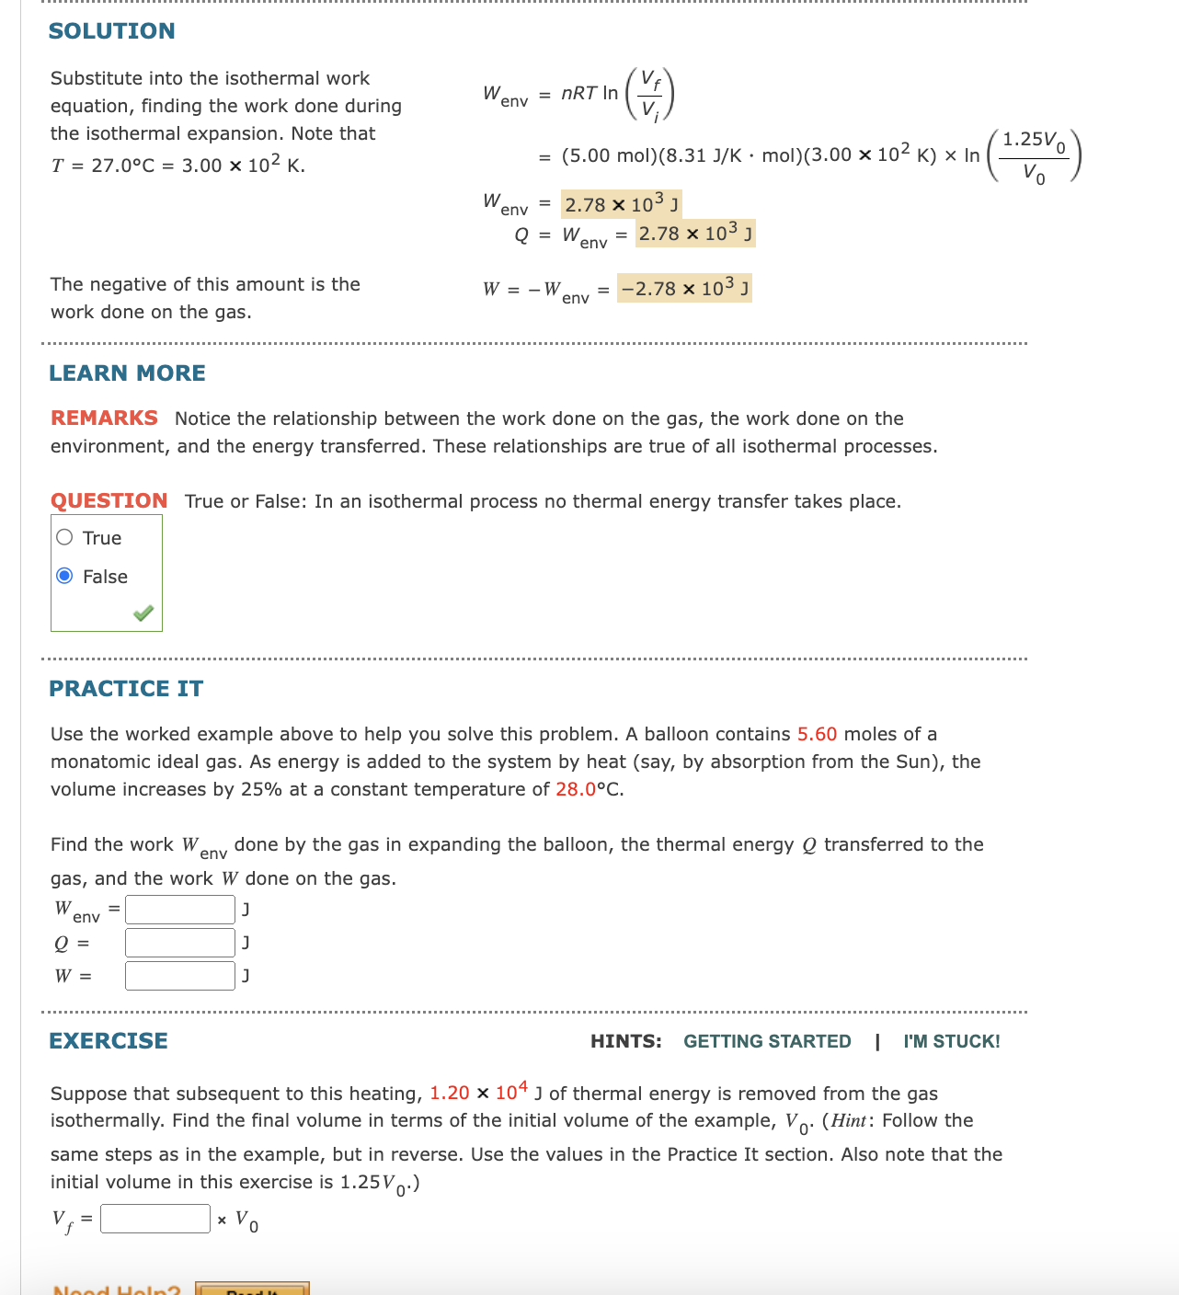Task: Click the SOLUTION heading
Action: pos(111,31)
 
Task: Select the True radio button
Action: pos(64,538)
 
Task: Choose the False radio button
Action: pos(64,577)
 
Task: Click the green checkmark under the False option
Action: pos(143,613)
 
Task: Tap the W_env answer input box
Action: pos(180,910)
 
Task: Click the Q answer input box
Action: pos(180,943)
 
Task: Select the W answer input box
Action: pos(180,976)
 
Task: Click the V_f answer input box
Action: pos(155,1219)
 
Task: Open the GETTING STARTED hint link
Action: pos(767,1041)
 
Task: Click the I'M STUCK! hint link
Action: pos(951,1041)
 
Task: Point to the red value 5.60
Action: pos(817,734)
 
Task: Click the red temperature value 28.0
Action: pos(576,789)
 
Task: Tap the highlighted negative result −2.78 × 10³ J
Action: pos(684,289)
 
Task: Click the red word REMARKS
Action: pos(104,418)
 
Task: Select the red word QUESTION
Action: pos(109,501)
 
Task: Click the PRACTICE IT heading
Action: pos(126,689)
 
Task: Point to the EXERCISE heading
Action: pos(109,1041)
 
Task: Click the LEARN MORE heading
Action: pos(127,373)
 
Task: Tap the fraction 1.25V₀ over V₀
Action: pos(1034,156)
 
